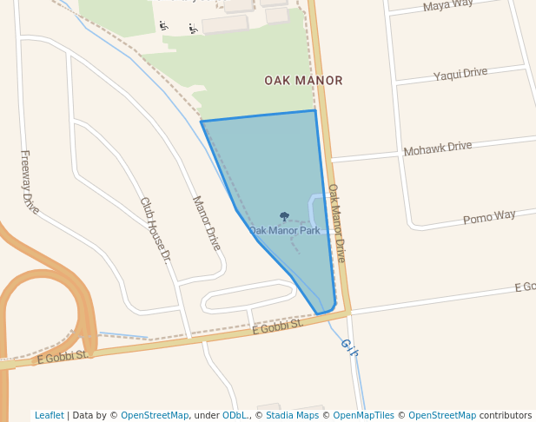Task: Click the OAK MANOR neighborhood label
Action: pyautogui.click(x=303, y=80)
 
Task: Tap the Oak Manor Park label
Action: pyautogui.click(x=285, y=230)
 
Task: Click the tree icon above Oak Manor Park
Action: pyautogui.click(x=284, y=216)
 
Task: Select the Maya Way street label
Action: pyautogui.click(x=448, y=7)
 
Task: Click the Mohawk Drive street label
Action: pyautogui.click(x=438, y=148)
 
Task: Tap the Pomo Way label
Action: pyautogui.click(x=489, y=216)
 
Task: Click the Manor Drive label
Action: pyautogui.click(x=207, y=223)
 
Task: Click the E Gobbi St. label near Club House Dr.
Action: pyautogui.click(x=277, y=326)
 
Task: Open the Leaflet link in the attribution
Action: pyautogui.click(x=50, y=416)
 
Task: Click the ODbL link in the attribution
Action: pyautogui.click(x=235, y=416)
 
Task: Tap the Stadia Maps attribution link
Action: pyautogui.click(x=294, y=416)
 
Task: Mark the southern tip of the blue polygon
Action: pyautogui.click(x=319, y=313)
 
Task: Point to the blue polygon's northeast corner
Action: pyautogui.click(x=314, y=110)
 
